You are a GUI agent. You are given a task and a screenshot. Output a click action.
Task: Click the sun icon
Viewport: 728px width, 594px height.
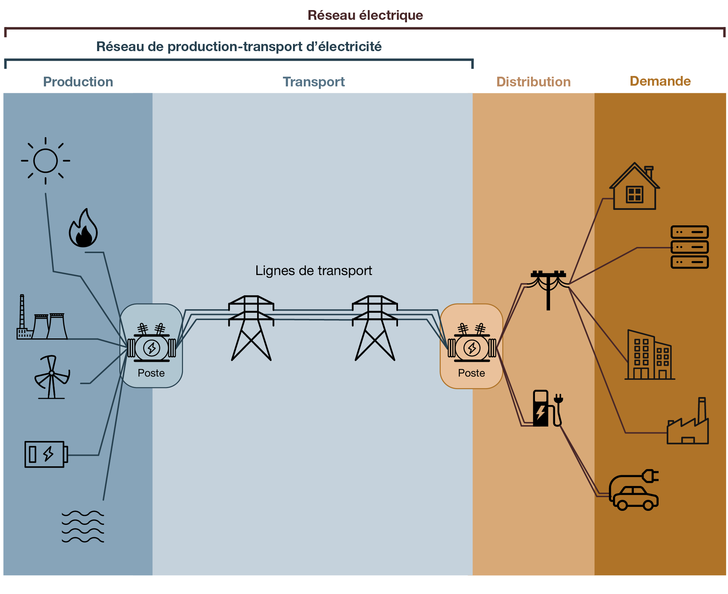tap(45, 161)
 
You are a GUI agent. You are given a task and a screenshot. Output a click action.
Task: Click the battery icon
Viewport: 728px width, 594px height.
tap(45, 454)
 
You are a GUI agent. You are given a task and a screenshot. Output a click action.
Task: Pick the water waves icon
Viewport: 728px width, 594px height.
tap(83, 526)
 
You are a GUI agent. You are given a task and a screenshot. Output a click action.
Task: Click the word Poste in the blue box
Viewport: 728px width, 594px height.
tap(151, 373)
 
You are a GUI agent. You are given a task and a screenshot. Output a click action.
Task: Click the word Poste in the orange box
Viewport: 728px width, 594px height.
tap(471, 373)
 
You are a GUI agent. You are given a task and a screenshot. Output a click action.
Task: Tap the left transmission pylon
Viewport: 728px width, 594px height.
tap(251, 328)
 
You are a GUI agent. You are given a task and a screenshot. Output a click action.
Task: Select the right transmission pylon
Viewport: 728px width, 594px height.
tap(375, 328)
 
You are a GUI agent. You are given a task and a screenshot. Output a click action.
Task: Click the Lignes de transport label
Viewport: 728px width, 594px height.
tap(313, 271)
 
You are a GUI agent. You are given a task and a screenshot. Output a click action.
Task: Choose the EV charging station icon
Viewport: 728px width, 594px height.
tap(547, 408)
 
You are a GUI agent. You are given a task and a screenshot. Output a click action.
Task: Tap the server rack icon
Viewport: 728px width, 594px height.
tap(689, 247)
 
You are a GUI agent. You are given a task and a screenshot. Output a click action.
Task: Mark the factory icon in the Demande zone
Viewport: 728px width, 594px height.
tap(687, 425)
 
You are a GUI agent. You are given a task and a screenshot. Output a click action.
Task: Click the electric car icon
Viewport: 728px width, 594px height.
tap(635, 493)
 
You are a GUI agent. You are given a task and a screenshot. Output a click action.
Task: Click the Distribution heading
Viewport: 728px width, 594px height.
tap(533, 82)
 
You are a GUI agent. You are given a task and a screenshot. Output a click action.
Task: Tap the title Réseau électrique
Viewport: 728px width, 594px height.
tap(365, 15)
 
